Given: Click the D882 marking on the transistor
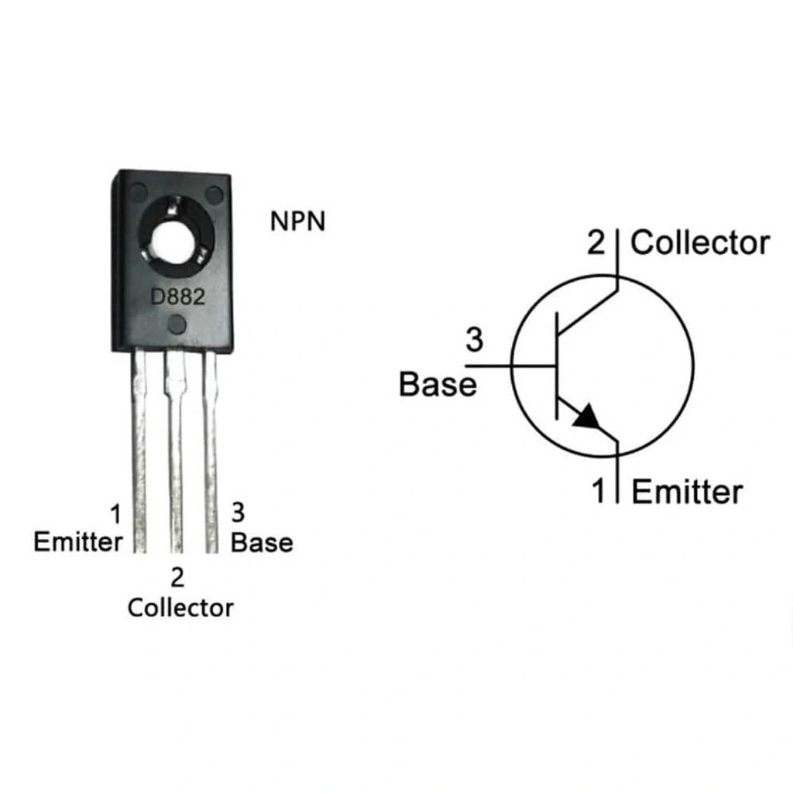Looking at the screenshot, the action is (x=178, y=297).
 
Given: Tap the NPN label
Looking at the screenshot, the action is (x=298, y=221).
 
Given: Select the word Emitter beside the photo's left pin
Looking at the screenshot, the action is (x=78, y=542).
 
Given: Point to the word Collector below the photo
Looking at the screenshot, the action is (x=180, y=607).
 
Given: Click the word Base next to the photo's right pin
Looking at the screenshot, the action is (x=262, y=543).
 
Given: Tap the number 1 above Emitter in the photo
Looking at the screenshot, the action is (x=116, y=514).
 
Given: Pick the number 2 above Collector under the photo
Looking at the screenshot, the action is (x=177, y=578).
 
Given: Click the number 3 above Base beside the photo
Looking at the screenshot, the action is (x=239, y=513).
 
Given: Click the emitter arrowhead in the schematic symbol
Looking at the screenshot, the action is (x=587, y=417).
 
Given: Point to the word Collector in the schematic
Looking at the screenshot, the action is (x=700, y=243).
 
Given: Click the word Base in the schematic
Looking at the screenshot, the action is (x=438, y=384).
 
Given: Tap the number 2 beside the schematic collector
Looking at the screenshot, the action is (x=596, y=242).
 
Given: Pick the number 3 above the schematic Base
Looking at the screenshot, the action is (x=475, y=340).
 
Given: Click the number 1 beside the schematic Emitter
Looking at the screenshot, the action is (x=599, y=490).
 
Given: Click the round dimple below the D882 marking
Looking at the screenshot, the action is (x=177, y=324).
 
